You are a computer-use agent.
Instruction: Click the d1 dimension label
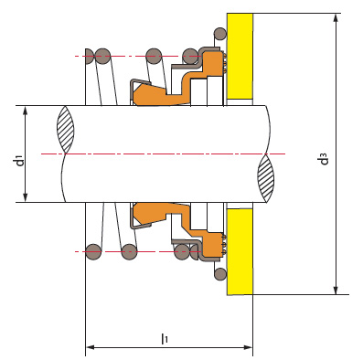click(20, 161)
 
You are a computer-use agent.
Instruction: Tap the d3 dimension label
click(325, 159)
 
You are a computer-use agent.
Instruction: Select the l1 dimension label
click(165, 339)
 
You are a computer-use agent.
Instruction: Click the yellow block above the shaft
click(240, 57)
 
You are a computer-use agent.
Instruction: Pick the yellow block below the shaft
click(240, 251)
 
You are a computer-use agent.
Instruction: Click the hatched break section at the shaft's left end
click(66, 129)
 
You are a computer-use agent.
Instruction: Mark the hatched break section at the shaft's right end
click(266, 178)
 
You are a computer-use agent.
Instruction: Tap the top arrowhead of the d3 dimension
click(336, 17)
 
